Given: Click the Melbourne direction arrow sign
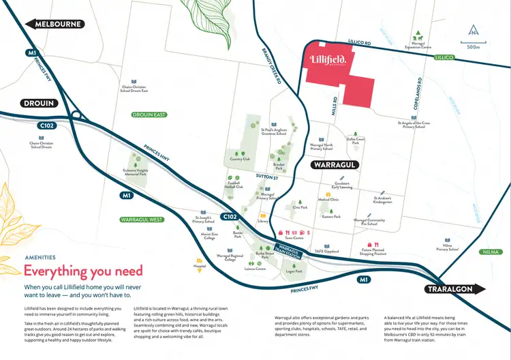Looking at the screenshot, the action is [55, 25].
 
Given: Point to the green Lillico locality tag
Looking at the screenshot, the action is [444, 58].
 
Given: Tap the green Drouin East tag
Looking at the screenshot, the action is [150, 115].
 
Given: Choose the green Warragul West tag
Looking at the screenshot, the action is [142, 220].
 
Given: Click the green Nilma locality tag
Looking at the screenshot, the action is [489, 252].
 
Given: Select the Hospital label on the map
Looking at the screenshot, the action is [199, 267].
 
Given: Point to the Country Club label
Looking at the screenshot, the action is [241, 159].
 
